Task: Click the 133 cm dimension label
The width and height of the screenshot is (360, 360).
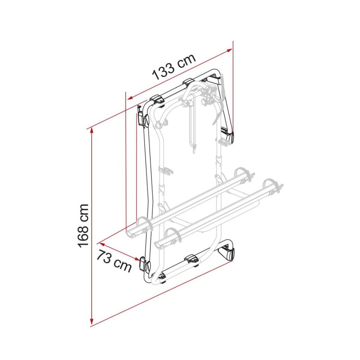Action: (174, 67)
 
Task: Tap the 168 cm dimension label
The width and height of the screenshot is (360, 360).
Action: (83, 226)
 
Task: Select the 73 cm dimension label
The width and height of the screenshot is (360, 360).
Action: (114, 261)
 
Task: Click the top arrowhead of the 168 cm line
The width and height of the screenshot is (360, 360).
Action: (92, 130)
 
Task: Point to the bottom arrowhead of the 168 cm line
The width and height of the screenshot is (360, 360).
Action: (92, 321)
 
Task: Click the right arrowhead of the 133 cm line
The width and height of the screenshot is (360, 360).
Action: (229, 50)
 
